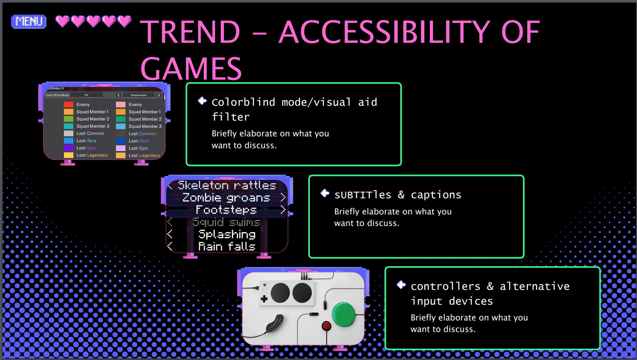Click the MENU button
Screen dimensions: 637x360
coord(29,21)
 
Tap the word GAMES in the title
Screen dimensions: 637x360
coord(191,69)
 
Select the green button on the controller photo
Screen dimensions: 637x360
coord(343,314)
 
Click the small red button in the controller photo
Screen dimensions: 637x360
coord(326,326)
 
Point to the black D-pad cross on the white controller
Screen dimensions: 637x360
coord(264,299)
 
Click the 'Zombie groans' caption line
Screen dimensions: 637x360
coord(226,198)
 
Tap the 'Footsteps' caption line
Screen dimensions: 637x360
coord(226,210)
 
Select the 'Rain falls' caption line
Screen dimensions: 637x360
coord(227,246)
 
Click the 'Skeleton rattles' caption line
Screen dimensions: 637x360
coord(227,185)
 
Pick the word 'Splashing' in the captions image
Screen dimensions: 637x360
coord(227,234)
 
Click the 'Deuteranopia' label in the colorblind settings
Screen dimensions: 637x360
coord(138,95)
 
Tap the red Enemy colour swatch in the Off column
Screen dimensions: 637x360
coord(69,104)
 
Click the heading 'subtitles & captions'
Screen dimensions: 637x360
coord(398,195)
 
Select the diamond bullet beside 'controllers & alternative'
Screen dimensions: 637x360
coord(401,285)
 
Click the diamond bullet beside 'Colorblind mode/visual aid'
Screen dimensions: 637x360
coord(202,101)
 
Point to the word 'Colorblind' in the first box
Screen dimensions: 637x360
coord(243,102)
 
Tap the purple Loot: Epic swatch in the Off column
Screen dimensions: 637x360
coord(69,148)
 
